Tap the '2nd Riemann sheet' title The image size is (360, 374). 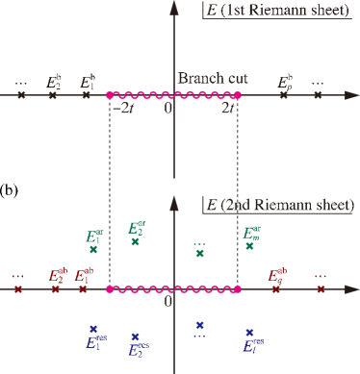(282, 206)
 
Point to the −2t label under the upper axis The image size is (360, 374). (122, 109)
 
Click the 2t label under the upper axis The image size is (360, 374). (228, 109)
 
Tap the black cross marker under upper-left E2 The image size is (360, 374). (56, 96)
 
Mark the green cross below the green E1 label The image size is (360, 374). (93, 250)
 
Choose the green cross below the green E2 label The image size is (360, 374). (137, 242)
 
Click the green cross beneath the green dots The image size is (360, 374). (199, 254)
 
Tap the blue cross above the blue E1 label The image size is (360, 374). (93, 328)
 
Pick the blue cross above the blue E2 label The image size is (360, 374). (137, 336)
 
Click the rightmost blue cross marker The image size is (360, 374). (249, 332)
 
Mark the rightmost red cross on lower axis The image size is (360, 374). (318, 288)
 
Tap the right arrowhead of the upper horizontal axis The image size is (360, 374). (352, 96)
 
